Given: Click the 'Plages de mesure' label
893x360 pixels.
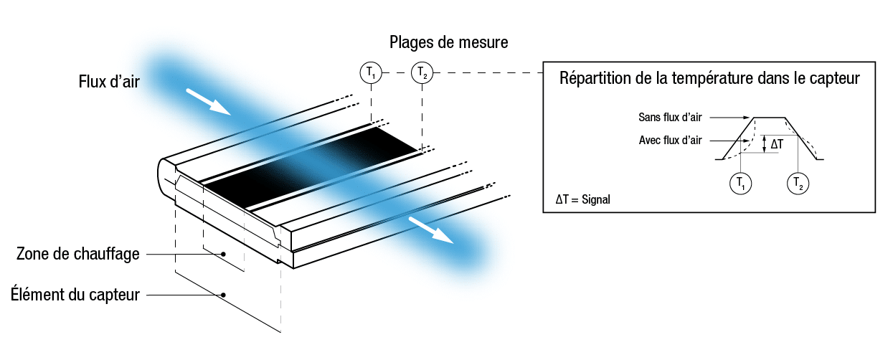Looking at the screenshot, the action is coord(448,42).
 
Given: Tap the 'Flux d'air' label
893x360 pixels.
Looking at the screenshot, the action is coord(109,82).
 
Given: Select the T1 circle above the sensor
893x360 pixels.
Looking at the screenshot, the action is coord(371,73).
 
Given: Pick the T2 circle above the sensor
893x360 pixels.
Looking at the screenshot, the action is coord(422,73).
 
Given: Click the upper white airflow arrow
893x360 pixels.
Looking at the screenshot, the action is coord(208,102).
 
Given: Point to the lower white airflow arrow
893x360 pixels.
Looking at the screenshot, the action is coord(431,230).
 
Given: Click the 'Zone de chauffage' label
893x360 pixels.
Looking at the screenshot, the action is coord(78,254).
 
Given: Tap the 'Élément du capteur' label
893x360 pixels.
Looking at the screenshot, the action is coord(75,295).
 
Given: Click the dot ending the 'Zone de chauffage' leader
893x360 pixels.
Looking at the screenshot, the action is coord(224,254).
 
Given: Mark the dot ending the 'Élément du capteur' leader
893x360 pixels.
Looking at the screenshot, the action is coord(224,295).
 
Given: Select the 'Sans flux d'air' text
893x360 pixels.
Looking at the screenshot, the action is coord(670,117).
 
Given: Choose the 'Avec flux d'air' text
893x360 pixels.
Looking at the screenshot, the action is coord(670,141).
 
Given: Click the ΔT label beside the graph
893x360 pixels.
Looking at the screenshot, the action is coord(777,144).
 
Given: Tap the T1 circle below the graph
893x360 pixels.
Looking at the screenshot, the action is coord(740,184).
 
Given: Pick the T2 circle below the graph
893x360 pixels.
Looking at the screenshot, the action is coord(798,184).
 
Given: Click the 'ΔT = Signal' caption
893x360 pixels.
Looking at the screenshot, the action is coord(583,199).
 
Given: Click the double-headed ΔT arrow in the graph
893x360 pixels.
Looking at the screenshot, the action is coord(764,144).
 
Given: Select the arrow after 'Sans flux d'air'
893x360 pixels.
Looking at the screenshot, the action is coord(729,117).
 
